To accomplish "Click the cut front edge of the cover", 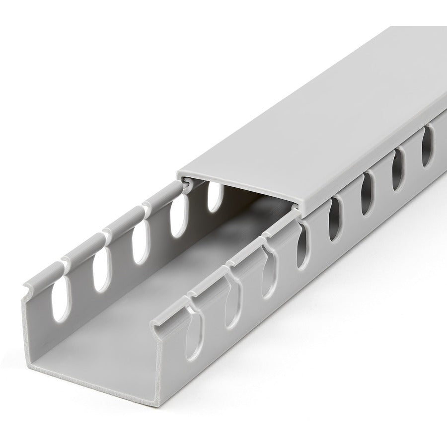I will (238, 187).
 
